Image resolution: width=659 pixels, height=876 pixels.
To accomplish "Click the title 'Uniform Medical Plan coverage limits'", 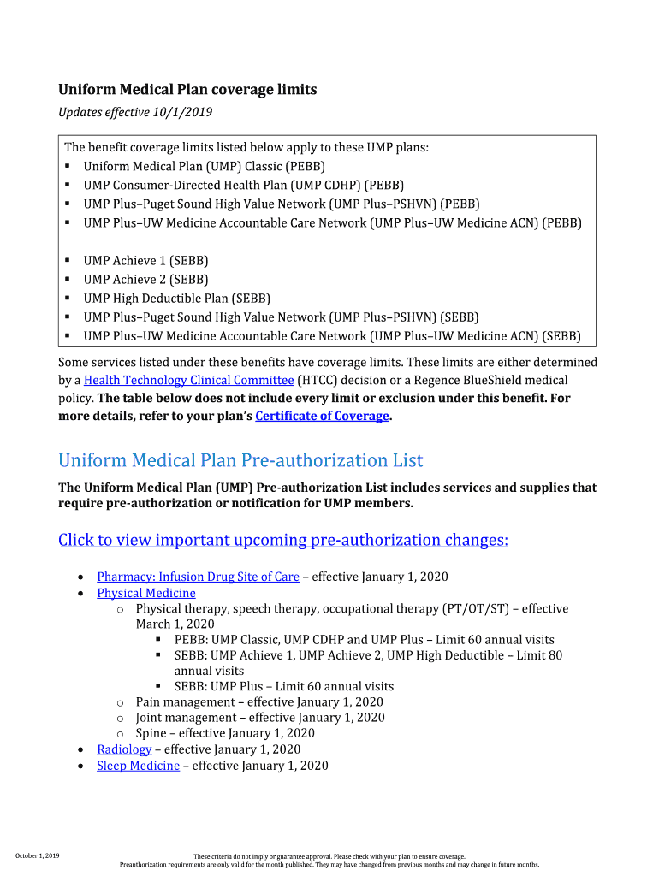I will tap(187, 90).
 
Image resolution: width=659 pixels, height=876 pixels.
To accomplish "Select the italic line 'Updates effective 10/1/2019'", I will tap(135, 112).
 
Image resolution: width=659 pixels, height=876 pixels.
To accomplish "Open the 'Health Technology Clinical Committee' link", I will tap(189, 380).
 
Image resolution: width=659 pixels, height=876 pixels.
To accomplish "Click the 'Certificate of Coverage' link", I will tap(322, 416).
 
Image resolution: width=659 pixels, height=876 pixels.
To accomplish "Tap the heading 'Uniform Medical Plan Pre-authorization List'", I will tap(240, 460).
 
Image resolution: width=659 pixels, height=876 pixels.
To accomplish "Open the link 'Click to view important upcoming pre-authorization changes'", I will tap(282, 540).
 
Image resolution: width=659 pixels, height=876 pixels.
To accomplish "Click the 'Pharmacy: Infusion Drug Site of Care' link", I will tap(198, 577).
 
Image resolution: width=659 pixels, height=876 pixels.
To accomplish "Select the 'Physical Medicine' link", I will tap(146, 593).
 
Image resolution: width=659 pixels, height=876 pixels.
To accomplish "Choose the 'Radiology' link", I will tap(124, 749).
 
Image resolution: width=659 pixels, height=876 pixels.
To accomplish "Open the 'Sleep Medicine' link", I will tap(138, 766).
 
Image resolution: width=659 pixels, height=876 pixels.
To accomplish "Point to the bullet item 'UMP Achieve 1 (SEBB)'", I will tap(145, 261).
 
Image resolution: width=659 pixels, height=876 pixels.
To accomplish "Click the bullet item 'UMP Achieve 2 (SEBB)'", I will tap(145, 280).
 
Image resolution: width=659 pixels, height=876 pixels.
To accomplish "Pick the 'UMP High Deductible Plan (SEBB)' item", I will tap(176, 299).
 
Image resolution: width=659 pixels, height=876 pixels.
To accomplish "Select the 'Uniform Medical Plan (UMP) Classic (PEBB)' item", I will tap(204, 167).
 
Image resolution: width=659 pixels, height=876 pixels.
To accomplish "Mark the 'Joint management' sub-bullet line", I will tap(259, 718).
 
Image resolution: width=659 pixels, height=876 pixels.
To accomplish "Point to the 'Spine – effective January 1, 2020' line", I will tap(224, 733).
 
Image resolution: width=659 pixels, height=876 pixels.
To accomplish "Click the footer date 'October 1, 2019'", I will tap(38, 855).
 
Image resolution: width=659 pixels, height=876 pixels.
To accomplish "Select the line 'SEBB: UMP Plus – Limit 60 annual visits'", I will tap(284, 686).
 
